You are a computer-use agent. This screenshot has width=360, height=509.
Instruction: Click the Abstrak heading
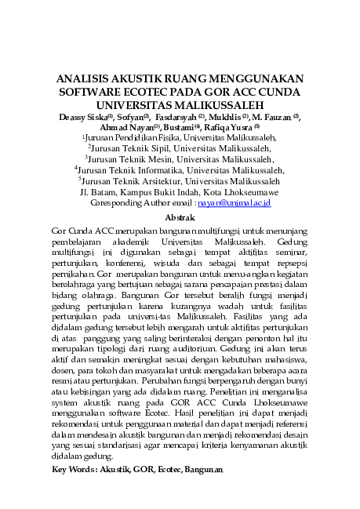pos(180,216)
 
